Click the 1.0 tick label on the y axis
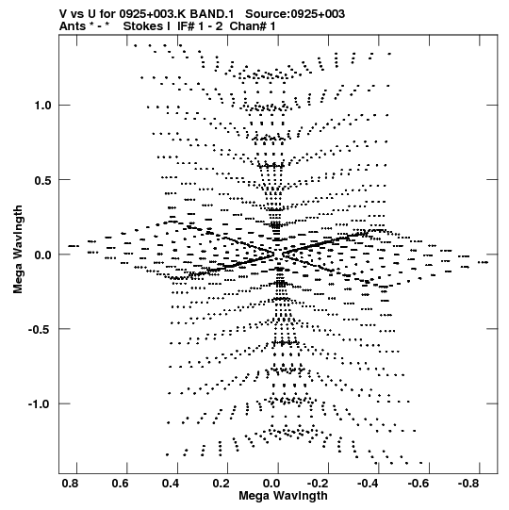[43, 106]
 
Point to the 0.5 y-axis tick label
[43, 180]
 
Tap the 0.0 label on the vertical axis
[43, 255]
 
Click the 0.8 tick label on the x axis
[70, 484]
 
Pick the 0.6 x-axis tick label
[120, 484]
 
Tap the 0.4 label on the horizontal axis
[171, 484]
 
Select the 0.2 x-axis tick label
[221, 484]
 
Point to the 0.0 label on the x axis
[271, 484]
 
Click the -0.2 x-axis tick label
[319, 484]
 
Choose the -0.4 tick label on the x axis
[369, 484]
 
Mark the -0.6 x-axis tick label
[419, 484]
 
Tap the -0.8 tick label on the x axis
[469, 484]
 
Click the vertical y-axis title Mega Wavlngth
[18, 250]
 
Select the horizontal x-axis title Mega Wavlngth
[283, 496]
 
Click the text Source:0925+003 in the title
[295, 14]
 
